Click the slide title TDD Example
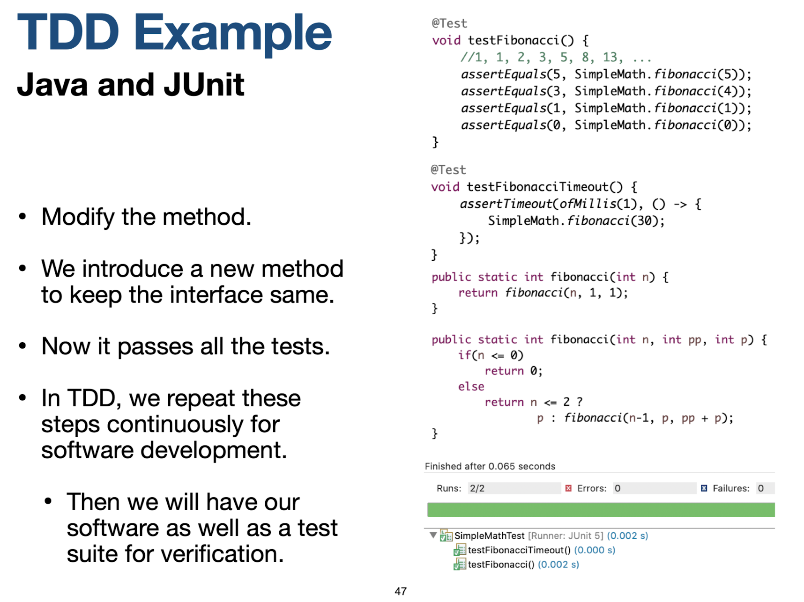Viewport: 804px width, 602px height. [x=174, y=33]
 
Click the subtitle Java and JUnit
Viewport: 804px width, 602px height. [x=130, y=85]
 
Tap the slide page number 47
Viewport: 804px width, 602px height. [x=401, y=591]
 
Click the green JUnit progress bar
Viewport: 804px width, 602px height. [x=601, y=510]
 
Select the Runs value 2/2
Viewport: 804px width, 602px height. [x=477, y=489]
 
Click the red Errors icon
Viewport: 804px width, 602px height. [x=568, y=489]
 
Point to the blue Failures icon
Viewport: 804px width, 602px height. [x=704, y=489]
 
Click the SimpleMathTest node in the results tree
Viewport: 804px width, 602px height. [x=489, y=536]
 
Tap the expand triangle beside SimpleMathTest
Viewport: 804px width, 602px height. [x=433, y=535]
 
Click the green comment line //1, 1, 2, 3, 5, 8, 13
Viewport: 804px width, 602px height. [x=556, y=58]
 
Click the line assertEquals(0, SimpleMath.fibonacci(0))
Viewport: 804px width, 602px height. [x=606, y=125]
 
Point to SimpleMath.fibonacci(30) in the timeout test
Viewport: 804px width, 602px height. [x=576, y=221]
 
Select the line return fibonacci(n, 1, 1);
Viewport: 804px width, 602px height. [x=543, y=293]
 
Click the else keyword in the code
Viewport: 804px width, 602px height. [x=471, y=387]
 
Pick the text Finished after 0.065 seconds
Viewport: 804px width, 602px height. [x=490, y=466]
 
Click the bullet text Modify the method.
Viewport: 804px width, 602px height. [x=146, y=217]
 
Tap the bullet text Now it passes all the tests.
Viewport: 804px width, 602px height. [x=186, y=347]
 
